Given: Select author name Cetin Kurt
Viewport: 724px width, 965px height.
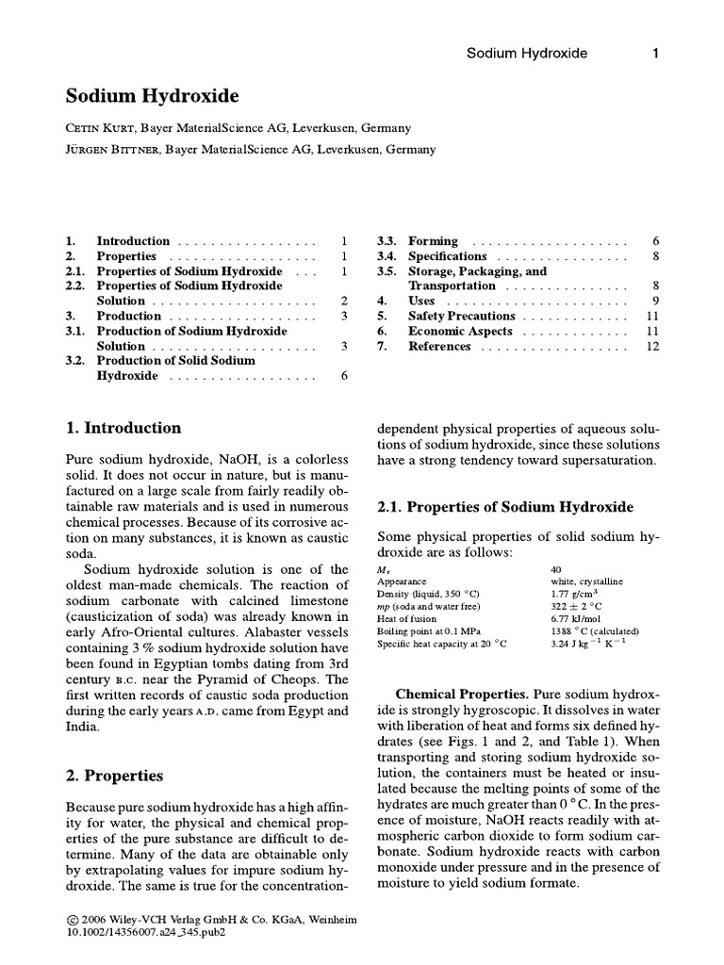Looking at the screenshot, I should (101, 128).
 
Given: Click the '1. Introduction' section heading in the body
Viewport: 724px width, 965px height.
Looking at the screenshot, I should (123, 428).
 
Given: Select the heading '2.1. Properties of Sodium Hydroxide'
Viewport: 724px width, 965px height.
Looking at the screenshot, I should (505, 507).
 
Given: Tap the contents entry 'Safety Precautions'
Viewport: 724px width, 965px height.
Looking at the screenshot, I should (461, 317).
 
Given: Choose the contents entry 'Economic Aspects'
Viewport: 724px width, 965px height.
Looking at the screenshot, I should (460, 332).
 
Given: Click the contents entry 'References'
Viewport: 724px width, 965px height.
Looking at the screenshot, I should (439, 347).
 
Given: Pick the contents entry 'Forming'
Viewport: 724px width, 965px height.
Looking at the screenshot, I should (433, 241).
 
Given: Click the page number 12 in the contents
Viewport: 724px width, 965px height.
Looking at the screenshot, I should (652, 347).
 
